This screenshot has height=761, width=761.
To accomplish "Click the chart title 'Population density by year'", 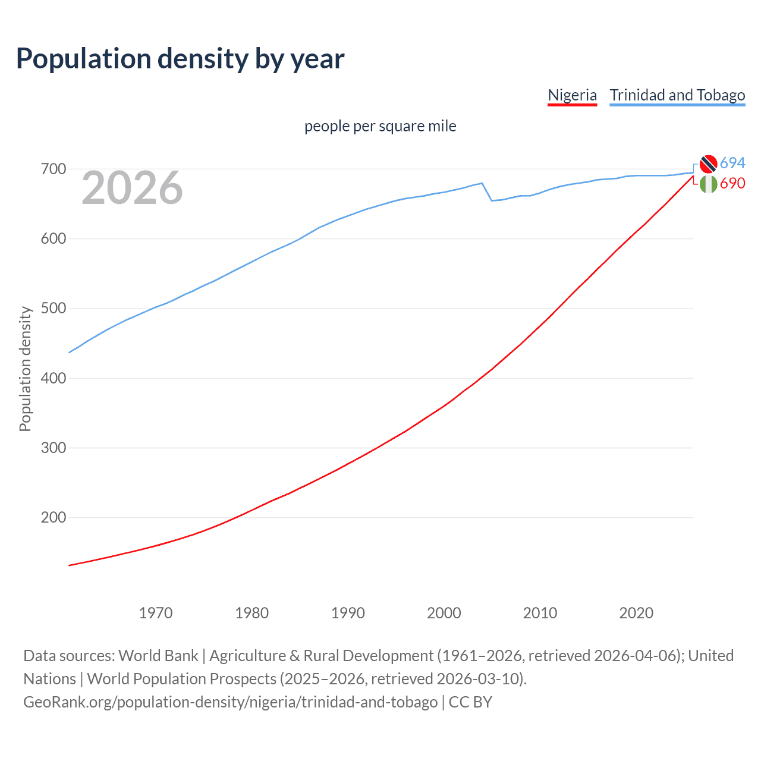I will coord(180,59).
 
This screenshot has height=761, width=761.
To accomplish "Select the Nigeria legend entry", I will coord(572,95).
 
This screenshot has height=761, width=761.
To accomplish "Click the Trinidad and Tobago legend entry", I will coord(677,95).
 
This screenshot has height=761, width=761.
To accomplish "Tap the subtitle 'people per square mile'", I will coord(380,126).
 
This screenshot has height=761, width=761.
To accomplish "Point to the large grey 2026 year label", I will coord(132,188).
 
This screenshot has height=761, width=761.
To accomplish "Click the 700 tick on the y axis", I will coord(53,169).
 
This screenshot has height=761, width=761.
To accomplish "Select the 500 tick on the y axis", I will coord(53,309).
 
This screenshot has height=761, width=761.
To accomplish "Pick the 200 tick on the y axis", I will coord(53,518).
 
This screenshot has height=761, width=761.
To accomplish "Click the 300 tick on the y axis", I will coord(53,448).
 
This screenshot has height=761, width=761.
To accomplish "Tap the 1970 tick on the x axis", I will coord(156,613).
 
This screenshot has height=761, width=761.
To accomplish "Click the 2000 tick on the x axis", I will coord(444,613).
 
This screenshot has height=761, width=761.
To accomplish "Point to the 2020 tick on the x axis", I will coord(636,613).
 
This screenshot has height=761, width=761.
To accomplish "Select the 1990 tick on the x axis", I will coord(348,613).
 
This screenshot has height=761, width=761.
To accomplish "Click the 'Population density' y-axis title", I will coord(25,369).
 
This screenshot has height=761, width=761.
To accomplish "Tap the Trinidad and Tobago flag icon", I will coord(708,163).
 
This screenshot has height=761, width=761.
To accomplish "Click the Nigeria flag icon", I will coord(708,184).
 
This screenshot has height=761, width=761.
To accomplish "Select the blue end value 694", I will coord(732,163).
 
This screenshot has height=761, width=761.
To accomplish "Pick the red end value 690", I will coord(732,184).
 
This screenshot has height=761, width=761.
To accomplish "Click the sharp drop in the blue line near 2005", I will coord(487,192).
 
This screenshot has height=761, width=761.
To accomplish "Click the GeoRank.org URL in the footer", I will coord(231,702).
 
